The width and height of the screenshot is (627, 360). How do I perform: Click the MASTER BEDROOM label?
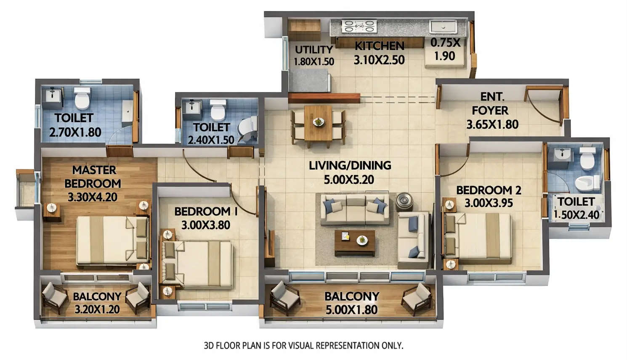[x=93, y=177]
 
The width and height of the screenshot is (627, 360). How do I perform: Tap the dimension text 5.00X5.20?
[x=349, y=180]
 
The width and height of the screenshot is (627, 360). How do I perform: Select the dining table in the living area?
[x=318, y=123]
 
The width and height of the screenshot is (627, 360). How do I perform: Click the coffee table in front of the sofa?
[x=355, y=242]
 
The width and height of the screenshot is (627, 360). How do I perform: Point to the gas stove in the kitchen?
[x=359, y=26]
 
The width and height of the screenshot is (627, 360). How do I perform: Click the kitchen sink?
[x=443, y=26]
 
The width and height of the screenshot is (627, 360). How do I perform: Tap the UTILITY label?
[x=314, y=50]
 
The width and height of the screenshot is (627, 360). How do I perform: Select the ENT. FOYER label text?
[x=491, y=103]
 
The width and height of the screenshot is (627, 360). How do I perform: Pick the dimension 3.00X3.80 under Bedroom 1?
[x=206, y=225]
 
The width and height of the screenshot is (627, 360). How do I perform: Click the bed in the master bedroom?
[x=112, y=240]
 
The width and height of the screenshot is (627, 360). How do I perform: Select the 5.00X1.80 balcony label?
[x=352, y=303]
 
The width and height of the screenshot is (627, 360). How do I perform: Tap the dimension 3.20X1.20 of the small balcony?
[x=97, y=310]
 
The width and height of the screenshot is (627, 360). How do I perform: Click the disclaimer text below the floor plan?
[x=303, y=346]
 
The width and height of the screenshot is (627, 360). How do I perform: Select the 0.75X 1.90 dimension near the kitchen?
[x=445, y=49]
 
